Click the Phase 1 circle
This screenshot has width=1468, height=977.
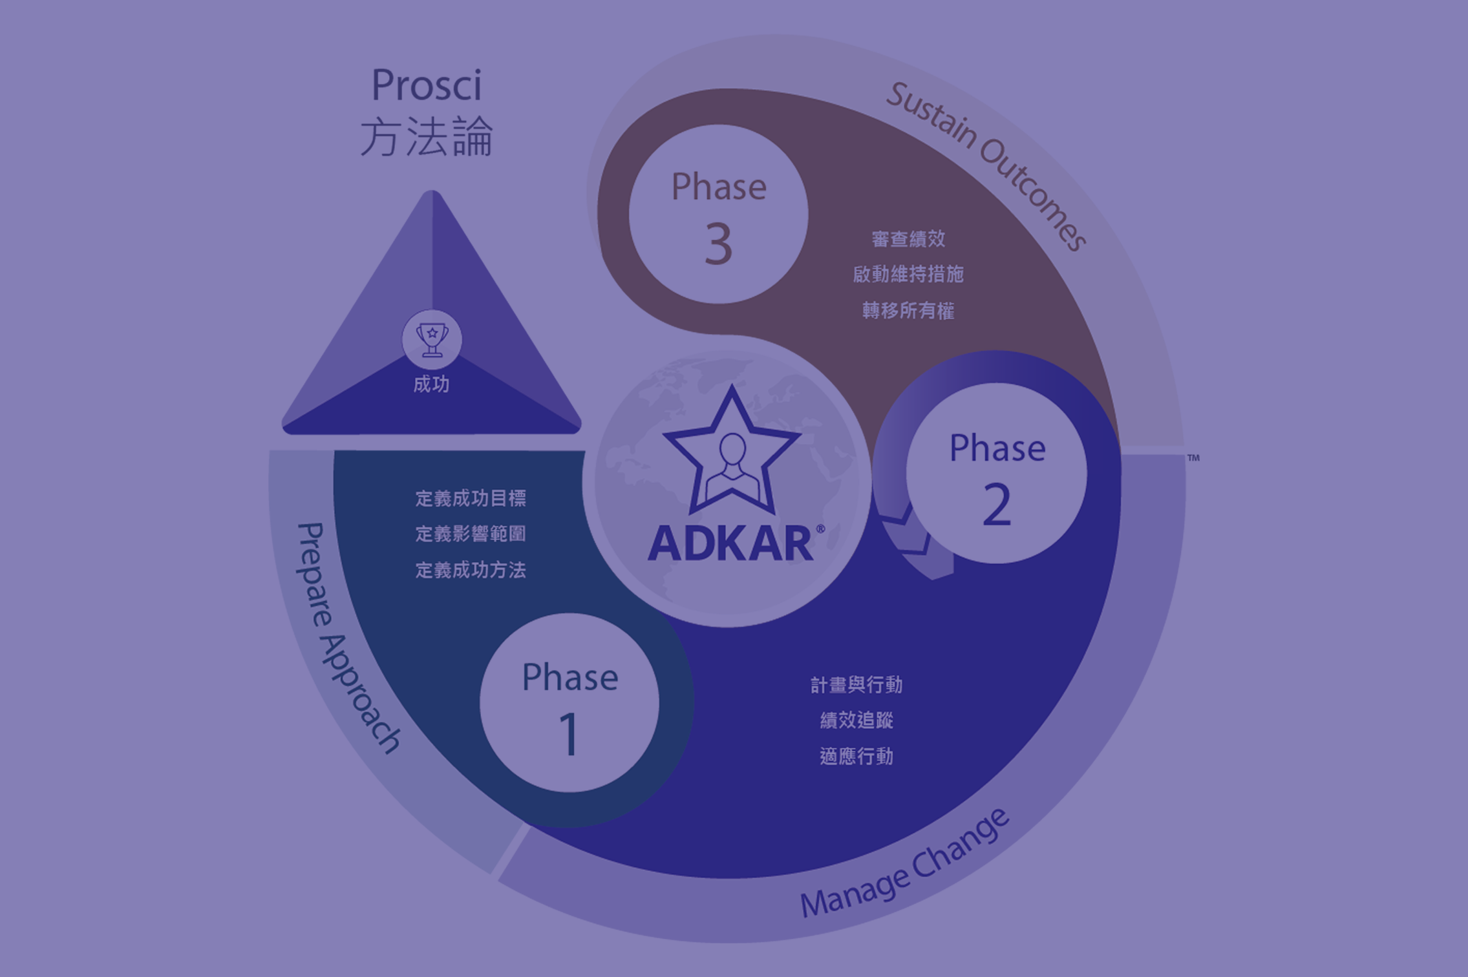[x=569, y=703]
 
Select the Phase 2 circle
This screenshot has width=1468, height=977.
[x=996, y=473]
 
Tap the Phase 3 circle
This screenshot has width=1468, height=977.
[x=718, y=214]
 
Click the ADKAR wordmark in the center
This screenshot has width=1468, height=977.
[x=731, y=543]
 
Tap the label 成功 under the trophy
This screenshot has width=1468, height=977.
[x=431, y=384]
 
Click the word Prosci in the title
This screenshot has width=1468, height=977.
[x=427, y=85]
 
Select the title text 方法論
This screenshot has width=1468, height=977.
[x=427, y=137]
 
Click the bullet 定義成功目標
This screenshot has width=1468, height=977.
[x=470, y=498]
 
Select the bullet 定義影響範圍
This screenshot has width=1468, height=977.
[x=470, y=534]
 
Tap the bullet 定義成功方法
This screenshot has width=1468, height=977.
[x=470, y=570]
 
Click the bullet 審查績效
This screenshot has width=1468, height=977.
[x=908, y=239]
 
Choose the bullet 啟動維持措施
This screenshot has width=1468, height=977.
[x=908, y=275]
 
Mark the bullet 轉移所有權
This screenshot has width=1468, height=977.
[x=908, y=311]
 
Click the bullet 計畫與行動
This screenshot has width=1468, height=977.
[x=856, y=685]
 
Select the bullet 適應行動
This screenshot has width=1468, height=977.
[x=856, y=757]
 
